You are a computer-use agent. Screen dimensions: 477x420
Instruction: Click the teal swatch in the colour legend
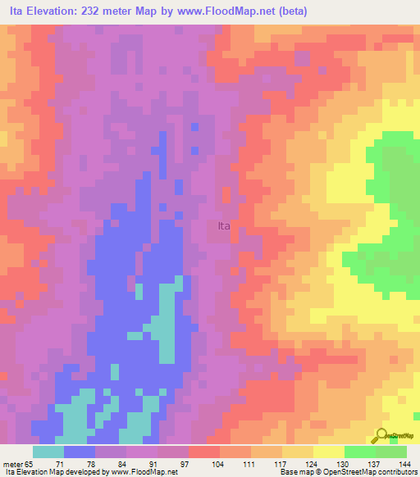click(48, 452)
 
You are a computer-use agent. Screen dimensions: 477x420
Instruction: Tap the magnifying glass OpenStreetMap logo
click(380, 436)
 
